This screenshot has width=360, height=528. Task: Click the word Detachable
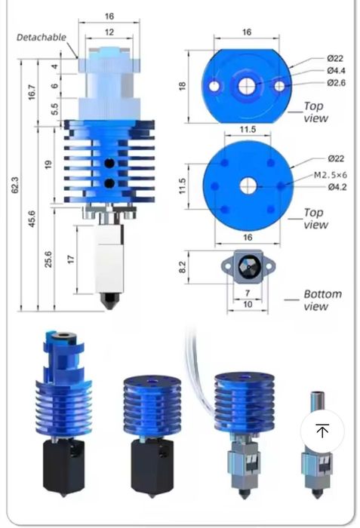point(42,37)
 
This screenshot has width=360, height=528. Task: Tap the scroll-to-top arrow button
point(322,431)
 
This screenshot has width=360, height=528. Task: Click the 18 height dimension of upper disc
point(182,85)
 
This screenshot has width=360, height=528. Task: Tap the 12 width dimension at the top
point(110,32)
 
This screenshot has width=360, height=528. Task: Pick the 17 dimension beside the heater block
point(69,259)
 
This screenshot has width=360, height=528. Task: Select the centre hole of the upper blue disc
point(247,86)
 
